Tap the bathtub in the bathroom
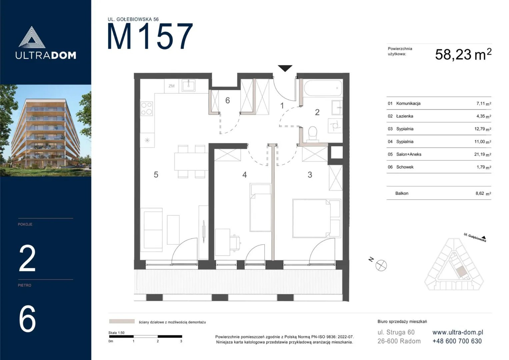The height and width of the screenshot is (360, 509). point(323,88)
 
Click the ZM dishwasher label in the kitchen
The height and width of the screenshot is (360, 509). point(172,86)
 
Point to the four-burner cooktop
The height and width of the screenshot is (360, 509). point(147,109)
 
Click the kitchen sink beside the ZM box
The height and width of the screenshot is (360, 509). point(188,85)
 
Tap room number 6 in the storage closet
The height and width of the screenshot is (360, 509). point(227,100)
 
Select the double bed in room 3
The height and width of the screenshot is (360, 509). point(317,218)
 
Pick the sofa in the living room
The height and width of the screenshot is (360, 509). point(151,230)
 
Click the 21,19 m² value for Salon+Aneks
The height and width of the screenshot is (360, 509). point(483,154)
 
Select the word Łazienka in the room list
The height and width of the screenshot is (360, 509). point(405,116)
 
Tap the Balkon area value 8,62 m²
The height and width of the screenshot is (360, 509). point(483,193)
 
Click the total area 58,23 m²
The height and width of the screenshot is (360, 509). point(463,54)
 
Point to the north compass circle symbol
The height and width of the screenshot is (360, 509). point(381,265)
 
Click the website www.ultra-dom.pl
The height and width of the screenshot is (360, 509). point(458,332)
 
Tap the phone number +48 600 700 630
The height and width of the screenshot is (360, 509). point(457,341)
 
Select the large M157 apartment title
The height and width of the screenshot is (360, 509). point(150,36)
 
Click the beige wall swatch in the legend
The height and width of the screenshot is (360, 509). point(122,321)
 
